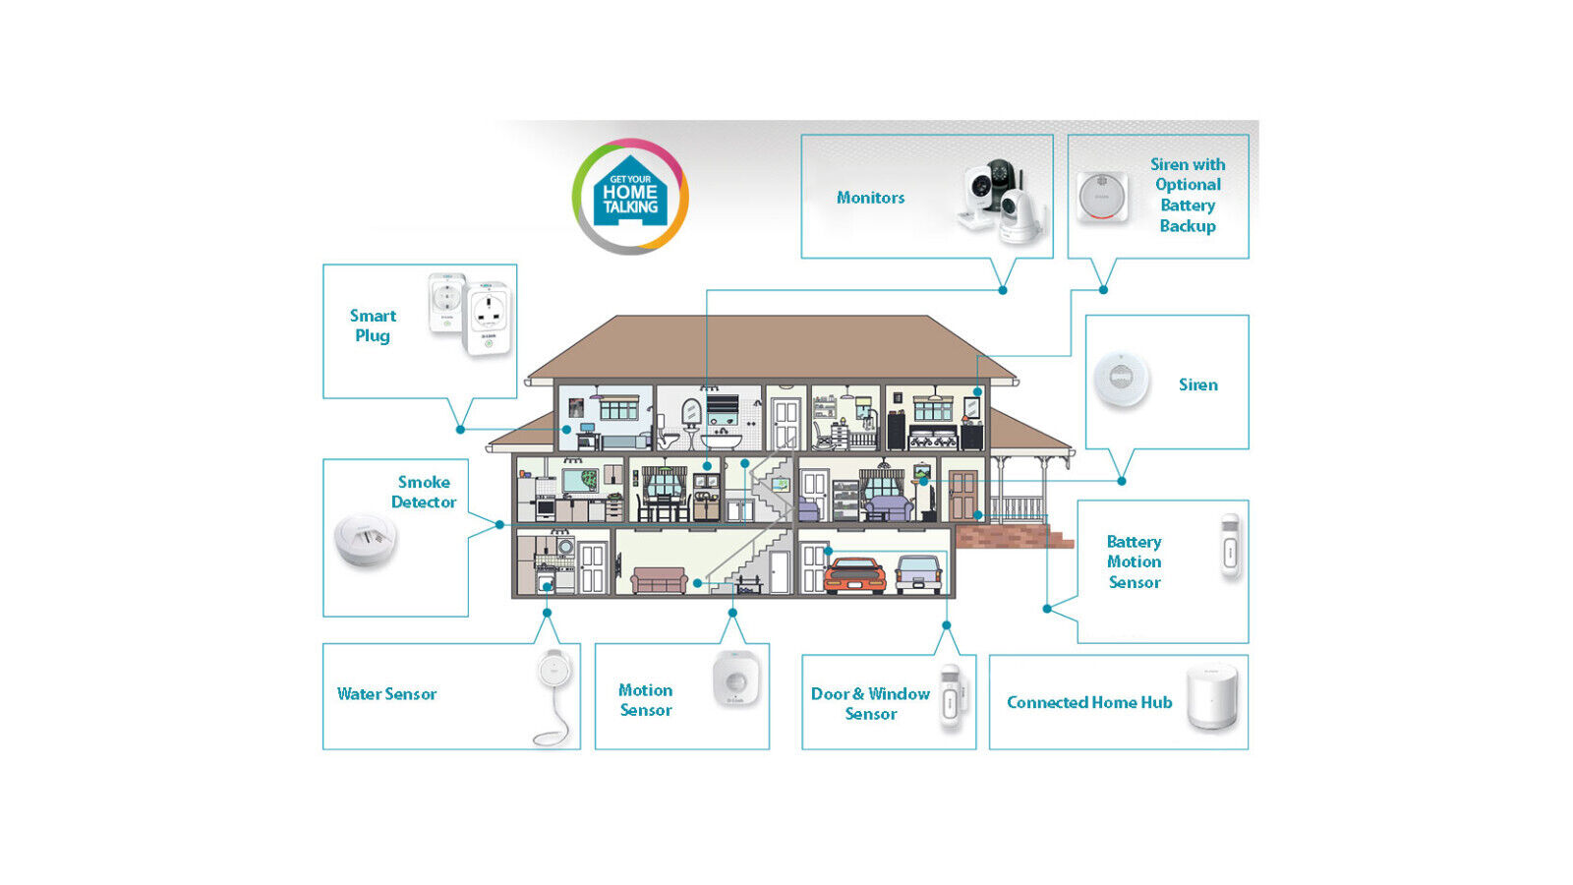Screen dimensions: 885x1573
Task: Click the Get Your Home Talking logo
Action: pos(630,196)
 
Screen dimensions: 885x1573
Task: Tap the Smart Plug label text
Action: pos(373,325)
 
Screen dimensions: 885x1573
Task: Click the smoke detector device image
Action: pos(365,539)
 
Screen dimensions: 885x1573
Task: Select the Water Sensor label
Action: pos(386,694)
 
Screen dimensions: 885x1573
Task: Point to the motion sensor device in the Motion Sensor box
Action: pos(734,678)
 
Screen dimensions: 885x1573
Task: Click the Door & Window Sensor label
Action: pos(870,703)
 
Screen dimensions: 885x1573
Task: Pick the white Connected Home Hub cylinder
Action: pos(1211,697)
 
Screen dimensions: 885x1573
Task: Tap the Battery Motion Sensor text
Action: pos(1134,561)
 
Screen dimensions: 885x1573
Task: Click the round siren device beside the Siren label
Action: pos(1121,378)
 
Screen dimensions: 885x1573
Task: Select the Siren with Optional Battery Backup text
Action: pos(1188,195)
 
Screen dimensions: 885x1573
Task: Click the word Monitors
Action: pos(870,198)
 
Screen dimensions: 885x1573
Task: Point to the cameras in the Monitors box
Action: pos(1001,201)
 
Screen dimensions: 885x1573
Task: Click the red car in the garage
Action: pos(854,576)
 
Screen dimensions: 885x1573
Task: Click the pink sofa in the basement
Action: pos(659,580)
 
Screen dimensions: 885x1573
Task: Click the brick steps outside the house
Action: pos(1013,537)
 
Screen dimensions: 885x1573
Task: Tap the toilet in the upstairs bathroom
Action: pos(669,437)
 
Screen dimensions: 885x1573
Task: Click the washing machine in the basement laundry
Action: pos(564,547)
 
